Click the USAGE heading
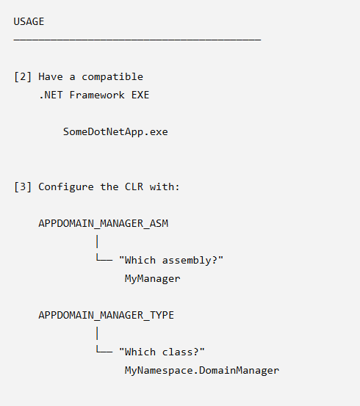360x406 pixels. [x=29, y=21]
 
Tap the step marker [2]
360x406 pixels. [x=23, y=77]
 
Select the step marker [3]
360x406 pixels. [x=23, y=186]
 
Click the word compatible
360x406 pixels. [x=112, y=77]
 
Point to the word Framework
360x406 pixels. [x=97, y=95]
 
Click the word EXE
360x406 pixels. [x=140, y=95]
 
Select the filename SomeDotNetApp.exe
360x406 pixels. [x=115, y=132]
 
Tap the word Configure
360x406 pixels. [x=66, y=187]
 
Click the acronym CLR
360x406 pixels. [x=134, y=186]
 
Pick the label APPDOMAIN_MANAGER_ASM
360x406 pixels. [x=104, y=223]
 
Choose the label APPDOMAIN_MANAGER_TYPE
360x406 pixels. [x=107, y=315]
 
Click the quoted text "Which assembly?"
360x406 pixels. [x=171, y=260]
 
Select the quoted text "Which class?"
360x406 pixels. [x=162, y=352]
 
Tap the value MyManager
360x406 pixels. [x=152, y=278]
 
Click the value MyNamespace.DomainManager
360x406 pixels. [x=202, y=370]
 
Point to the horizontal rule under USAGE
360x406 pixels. [x=137, y=40]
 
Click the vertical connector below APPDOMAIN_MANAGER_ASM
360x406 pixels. [x=97, y=242]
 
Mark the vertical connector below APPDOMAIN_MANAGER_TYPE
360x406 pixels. [x=97, y=333]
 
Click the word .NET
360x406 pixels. [x=51, y=95]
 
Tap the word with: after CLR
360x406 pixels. [x=165, y=186]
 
